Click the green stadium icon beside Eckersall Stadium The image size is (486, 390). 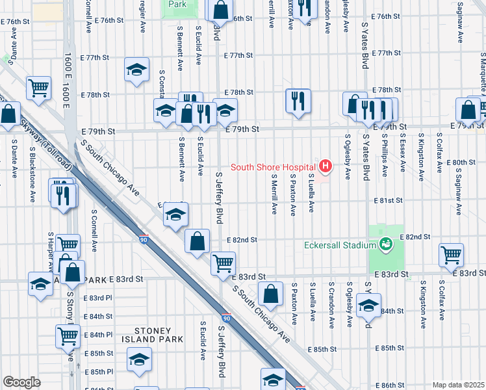pyautogui.click(x=386, y=244)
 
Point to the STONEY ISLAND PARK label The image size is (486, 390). pyautogui.click(x=154, y=335)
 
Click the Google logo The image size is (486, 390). pyautogui.click(x=21, y=382)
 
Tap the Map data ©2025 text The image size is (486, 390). pyautogui.click(x=457, y=385)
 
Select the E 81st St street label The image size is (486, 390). pyautogui.click(x=389, y=201)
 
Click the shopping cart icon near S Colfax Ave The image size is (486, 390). pyautogui.click(x=451, y=255)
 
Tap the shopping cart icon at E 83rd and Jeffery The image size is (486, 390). pyautogui.click(x=223, y=263)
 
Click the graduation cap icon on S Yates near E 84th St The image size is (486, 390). pyautogui.click(x=368, y=305)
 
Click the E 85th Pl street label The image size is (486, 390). pyautogui.click(x=99, y=372)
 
